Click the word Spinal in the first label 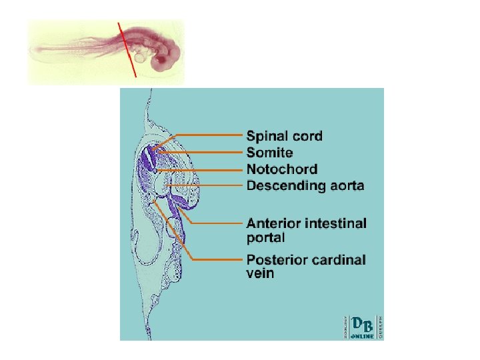[267, 137]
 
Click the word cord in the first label [307, 137]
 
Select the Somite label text [270, 153]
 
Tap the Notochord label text [282, 169]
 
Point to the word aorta [343, 185]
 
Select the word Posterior [276, 259]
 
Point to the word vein [260, 274]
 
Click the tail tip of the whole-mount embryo [33, 50]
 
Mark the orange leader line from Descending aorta [207, 185]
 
